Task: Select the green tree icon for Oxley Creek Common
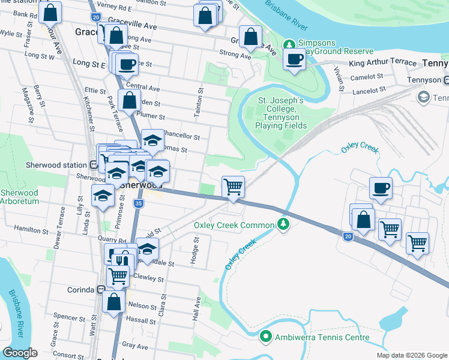click(x=283, y=224)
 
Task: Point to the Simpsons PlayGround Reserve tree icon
click(x=289, y=44)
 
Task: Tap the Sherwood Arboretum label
click(x=19, y=197)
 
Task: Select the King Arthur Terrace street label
click(x=382, y=62)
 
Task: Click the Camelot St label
click(x=367, y=77)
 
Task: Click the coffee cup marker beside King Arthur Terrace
click(x=294, y=59)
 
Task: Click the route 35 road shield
click(x=139, y=204)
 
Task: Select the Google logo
click(x=20, y=353)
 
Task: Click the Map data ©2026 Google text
click(x=411, y=355)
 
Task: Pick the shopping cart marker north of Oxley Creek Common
click(x=233, y=187)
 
